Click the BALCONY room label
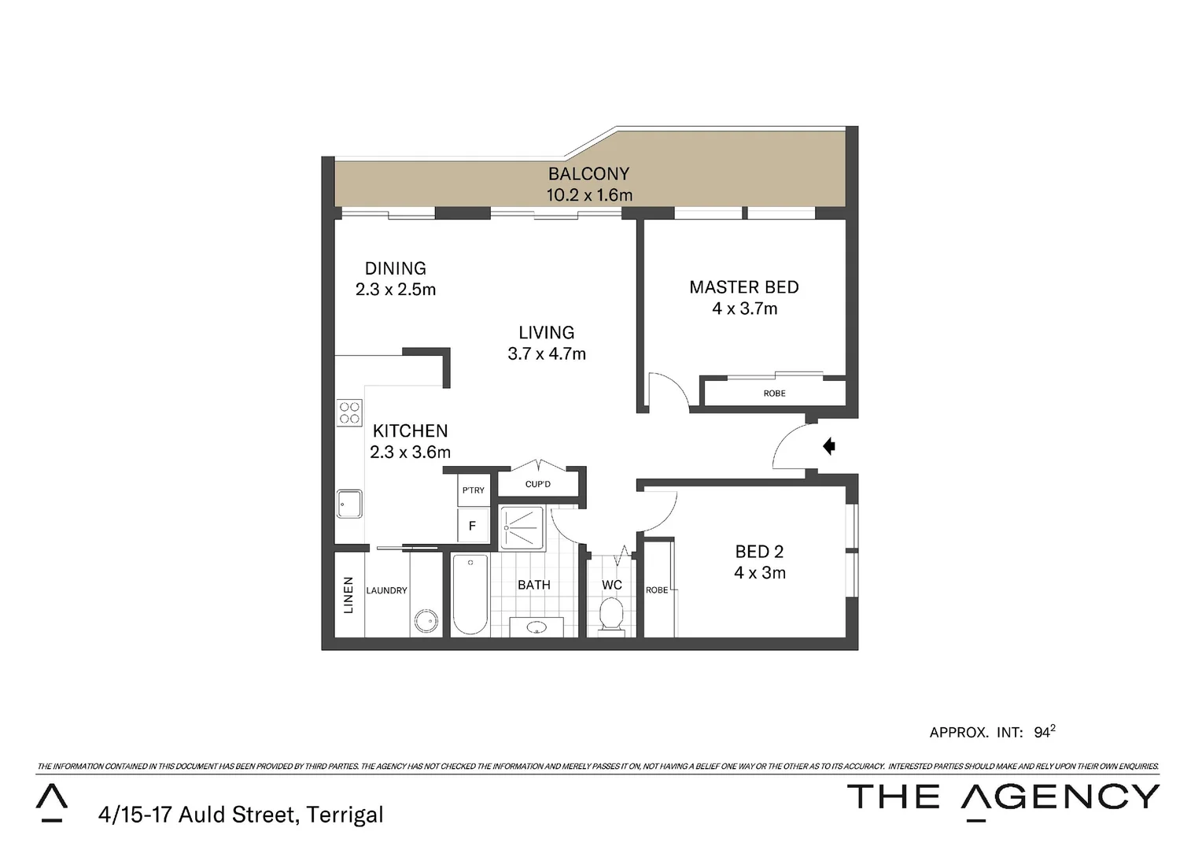(x=588, y=174)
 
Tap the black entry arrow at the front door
(x=828, y=446)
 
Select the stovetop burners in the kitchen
(x=349, y=413)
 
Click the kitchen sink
(x=349, y=504)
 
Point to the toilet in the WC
(x=611, y=614)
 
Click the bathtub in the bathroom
(x=470, y=594)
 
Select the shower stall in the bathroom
(x=522, y=527)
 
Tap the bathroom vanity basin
(x=537, y=627)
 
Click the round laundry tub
(x=426, y=621)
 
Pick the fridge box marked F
(x=473, y=526)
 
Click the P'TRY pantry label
(x=474, y=490)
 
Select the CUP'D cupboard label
(x=538, y=484)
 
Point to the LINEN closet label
(x=348, y=595)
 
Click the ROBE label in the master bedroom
(x=774, y=394)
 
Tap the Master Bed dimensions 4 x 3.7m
(x=744, y=309)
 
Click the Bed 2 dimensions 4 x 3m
(x=759, y=574)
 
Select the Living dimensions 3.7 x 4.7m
(x=547, y=354)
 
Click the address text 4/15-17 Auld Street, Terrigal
(x=241, y=814)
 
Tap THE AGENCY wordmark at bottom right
(x=1002, y=797)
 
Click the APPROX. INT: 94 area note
(x=991, y=732)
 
